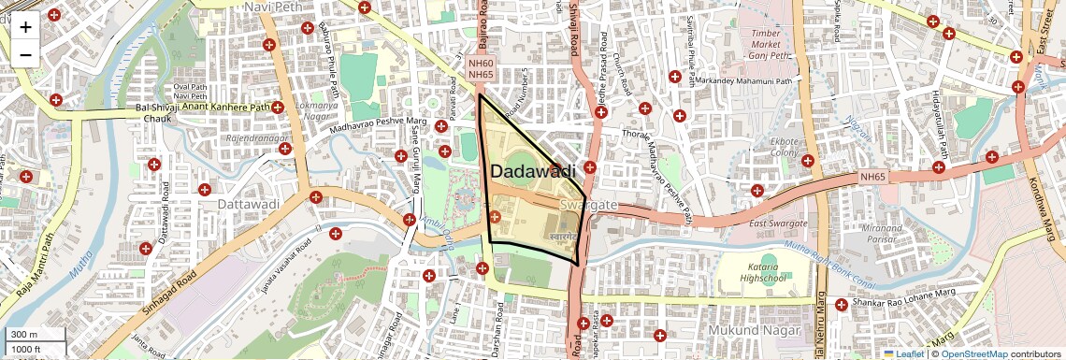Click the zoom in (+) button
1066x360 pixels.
click(x=25, y=26)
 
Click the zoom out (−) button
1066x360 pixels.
click(x=25, y=54)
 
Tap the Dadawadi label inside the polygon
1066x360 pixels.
click(x=531, y=171)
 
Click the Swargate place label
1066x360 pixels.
click(x=587, y=205)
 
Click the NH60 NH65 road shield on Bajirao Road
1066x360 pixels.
click(x=481, y=68)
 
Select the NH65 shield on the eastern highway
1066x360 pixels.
click(x=872, y=176)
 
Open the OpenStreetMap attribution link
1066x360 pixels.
click(x=973, y=353)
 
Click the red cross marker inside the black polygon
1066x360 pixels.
click(x=495, y=218)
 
